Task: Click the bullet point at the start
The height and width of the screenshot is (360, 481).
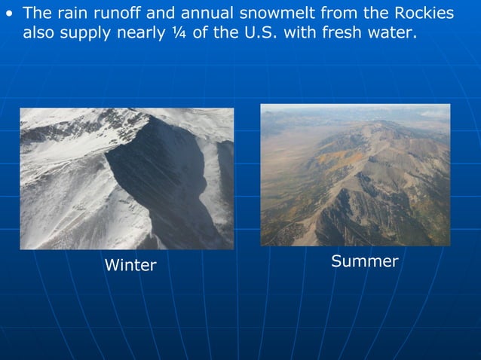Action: pos(10,14)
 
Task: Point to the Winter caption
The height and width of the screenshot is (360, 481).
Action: pos(130,265)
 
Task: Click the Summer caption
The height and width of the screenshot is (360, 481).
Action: pos(364,261)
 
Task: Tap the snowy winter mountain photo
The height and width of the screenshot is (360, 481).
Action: pos(127,178)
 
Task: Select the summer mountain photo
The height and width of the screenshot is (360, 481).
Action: pos(355,175)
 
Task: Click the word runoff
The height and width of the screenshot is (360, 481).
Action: pos(115,14)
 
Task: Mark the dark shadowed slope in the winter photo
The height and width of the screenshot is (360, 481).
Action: pos(158,188)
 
